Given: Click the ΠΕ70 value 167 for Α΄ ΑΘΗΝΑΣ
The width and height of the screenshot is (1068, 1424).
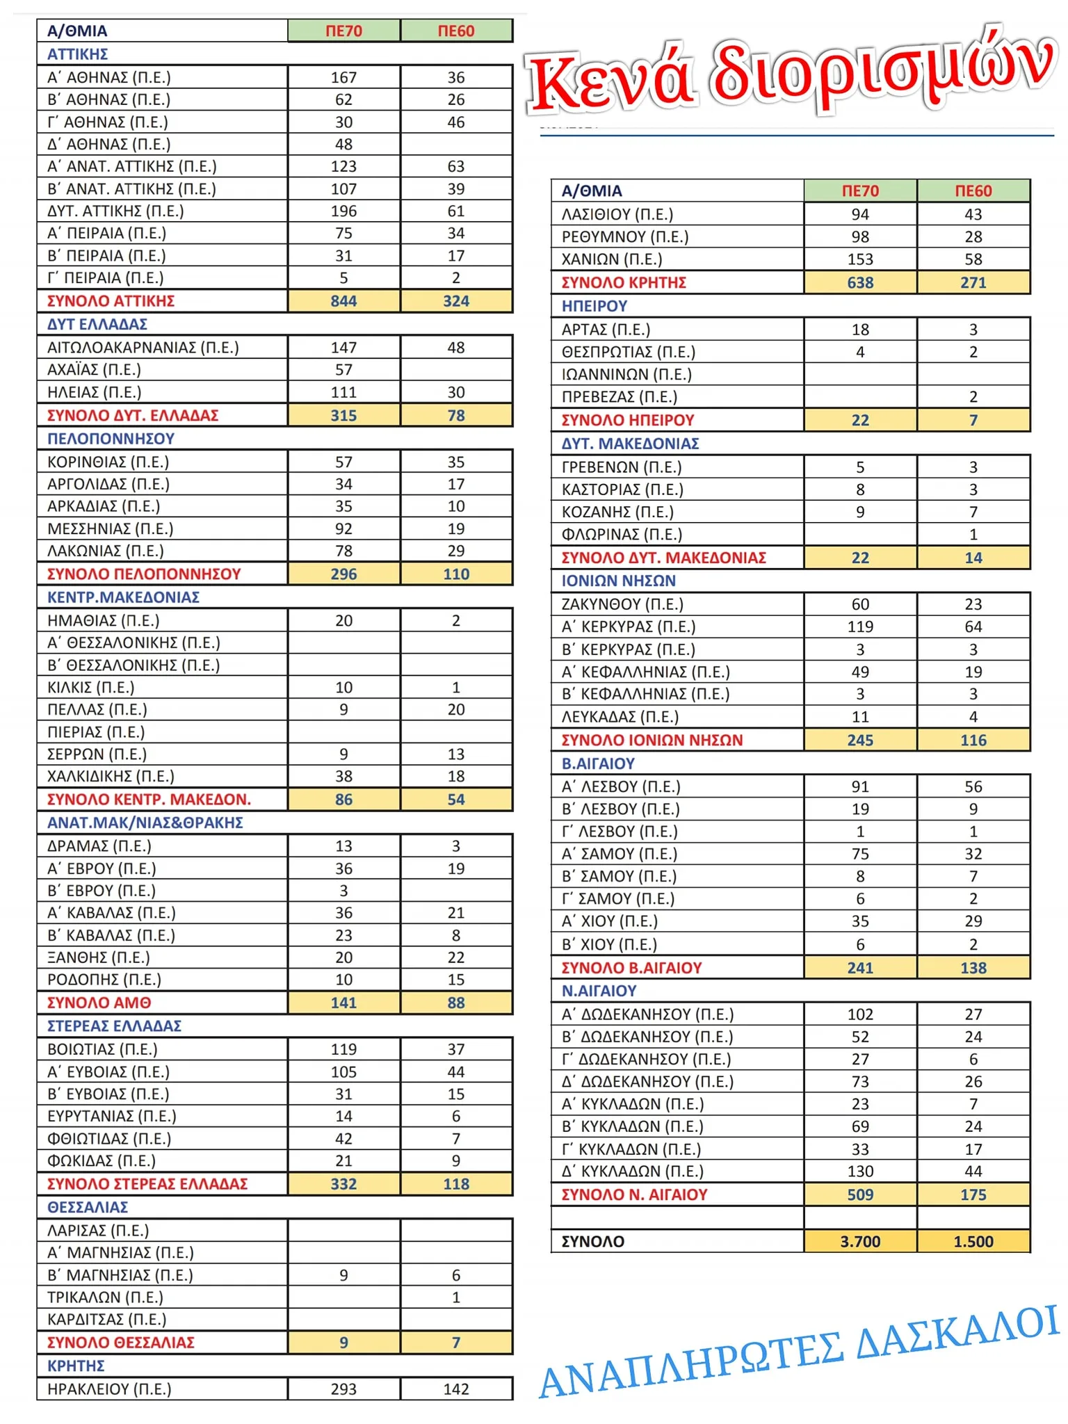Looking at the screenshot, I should [x=343, y=77].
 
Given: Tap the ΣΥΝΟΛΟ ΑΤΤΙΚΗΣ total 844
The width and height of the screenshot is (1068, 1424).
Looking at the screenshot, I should [x=343, y=301].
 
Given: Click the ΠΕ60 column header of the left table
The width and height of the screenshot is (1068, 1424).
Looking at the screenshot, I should [x=456, y=31].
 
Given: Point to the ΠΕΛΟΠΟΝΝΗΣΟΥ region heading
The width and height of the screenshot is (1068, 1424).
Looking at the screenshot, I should [x=111, y=439].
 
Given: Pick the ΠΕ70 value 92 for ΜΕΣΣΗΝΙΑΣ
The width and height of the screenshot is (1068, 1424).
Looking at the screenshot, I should [x=343, y=528].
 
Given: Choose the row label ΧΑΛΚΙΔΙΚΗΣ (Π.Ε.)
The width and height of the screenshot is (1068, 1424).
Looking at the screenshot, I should [x=111, y=776].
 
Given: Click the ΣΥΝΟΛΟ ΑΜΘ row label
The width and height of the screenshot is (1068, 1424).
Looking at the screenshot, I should [x=99, y=1003].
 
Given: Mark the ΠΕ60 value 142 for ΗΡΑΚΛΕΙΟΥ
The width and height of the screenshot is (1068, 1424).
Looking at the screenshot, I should [x=456, y=1389].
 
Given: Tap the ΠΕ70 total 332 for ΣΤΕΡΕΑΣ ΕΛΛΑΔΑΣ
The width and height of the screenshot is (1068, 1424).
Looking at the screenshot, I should [x=343, y=1184].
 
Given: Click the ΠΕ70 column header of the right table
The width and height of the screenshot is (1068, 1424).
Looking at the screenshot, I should [x=860, y=191].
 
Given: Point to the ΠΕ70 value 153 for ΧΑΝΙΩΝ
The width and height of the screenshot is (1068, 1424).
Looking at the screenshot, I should [x=860, y=259].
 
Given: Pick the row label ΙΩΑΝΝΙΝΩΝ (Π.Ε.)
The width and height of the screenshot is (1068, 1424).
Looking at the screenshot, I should [x=626, y=375].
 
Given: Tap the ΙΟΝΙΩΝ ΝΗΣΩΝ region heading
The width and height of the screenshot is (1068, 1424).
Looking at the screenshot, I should [x=618, y=581].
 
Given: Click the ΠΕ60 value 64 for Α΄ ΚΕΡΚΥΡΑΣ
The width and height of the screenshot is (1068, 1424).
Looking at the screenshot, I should [x=973, y=626].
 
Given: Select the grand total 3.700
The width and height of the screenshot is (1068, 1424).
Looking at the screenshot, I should [x=860, y=1241].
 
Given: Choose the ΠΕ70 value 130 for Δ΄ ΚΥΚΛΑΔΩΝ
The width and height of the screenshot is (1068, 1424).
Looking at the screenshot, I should [x=860, y=1172].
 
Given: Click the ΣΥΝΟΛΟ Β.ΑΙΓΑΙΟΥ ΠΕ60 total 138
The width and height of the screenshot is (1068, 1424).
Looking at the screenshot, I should [x=973, y=968].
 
